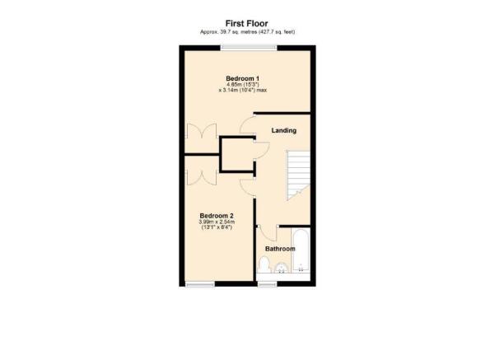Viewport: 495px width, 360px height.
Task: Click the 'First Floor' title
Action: (247, 23)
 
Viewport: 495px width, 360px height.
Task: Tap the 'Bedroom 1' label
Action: (241, 79)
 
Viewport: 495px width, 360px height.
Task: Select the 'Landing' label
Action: (284, 130)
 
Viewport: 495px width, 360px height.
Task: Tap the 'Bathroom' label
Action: (280, 248)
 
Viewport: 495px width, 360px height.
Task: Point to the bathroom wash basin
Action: (281, 267)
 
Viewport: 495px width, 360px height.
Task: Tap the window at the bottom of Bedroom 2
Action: (198, 285)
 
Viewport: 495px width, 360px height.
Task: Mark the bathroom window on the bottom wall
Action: (266, 285)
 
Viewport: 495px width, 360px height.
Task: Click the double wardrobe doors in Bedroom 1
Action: (201, 133)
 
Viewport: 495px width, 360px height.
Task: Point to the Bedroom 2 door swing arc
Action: (246, 183)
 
